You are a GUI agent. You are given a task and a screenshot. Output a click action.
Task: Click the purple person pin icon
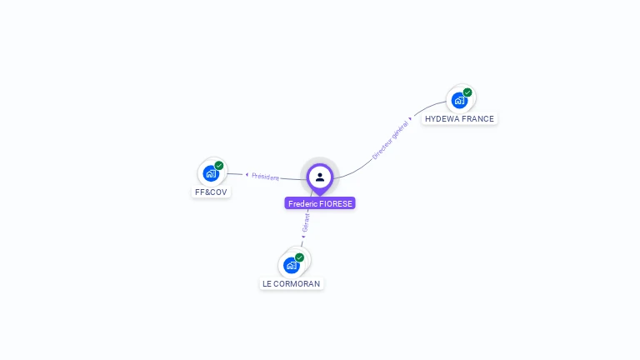tap(320, 177)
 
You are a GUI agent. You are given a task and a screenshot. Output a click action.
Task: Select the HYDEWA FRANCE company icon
tap(459, 100)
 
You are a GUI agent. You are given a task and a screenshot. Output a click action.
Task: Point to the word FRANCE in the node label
tap(478, 119)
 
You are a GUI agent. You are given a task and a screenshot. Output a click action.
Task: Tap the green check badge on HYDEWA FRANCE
tap(467, 92)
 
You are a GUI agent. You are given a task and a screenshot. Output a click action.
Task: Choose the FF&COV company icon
tap(210, 173)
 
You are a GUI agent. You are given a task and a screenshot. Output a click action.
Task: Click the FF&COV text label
tap(211, 192)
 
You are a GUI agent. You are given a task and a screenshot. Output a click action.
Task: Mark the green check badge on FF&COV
tap(219, 166)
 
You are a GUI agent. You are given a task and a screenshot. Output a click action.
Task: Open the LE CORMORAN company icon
tap(291, 265)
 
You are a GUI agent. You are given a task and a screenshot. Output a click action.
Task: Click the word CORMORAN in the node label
tap(297, 283)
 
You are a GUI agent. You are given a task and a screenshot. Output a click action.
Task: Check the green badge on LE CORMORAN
tap(299, 257)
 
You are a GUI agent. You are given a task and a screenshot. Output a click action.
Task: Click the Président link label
tap(266, 177)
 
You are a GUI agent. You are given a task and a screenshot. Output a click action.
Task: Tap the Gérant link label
tap(306, 223)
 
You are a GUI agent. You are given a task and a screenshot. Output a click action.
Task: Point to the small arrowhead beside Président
tap(247, 174)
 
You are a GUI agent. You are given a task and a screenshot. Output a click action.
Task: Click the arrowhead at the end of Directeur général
tap(411, 119)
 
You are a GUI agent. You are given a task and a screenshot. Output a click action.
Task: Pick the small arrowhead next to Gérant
tap(303, 237)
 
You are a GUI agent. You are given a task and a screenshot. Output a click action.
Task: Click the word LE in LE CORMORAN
tap(267, 283)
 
